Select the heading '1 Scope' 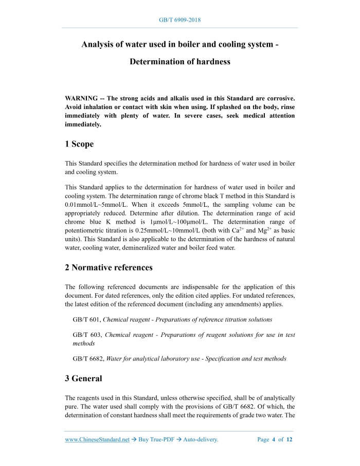[x=79, y=145]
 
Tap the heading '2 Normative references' [x=109, y=267]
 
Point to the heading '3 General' [x=83, y=379]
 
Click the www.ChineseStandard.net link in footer [x=97, y=440]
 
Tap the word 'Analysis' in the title [x=99, y=44]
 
